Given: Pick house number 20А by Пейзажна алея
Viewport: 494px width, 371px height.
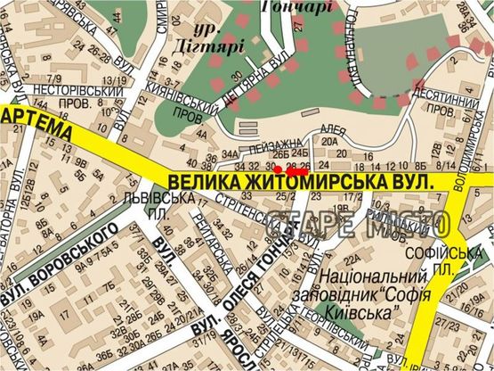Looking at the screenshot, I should tap(331, 141).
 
